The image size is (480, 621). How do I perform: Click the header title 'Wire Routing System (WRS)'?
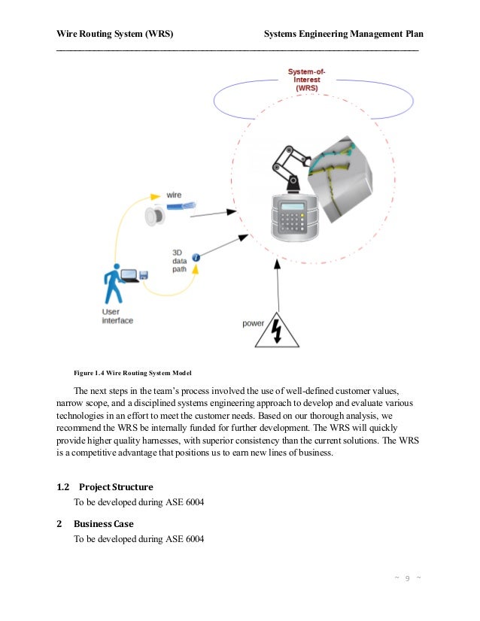115,35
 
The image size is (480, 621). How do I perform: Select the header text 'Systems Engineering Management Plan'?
344,35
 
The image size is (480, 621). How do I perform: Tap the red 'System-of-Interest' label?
307,80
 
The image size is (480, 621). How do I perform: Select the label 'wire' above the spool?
174,195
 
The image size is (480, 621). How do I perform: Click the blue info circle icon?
196,258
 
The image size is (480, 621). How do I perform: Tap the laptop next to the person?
130,277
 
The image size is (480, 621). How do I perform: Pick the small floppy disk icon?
143,276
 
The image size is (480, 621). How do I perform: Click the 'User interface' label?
117,316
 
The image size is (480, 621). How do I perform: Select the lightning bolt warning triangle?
277,332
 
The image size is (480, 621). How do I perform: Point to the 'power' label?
253,324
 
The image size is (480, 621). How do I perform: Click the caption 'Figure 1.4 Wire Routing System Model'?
132,372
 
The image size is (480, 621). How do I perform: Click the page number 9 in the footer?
407,577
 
